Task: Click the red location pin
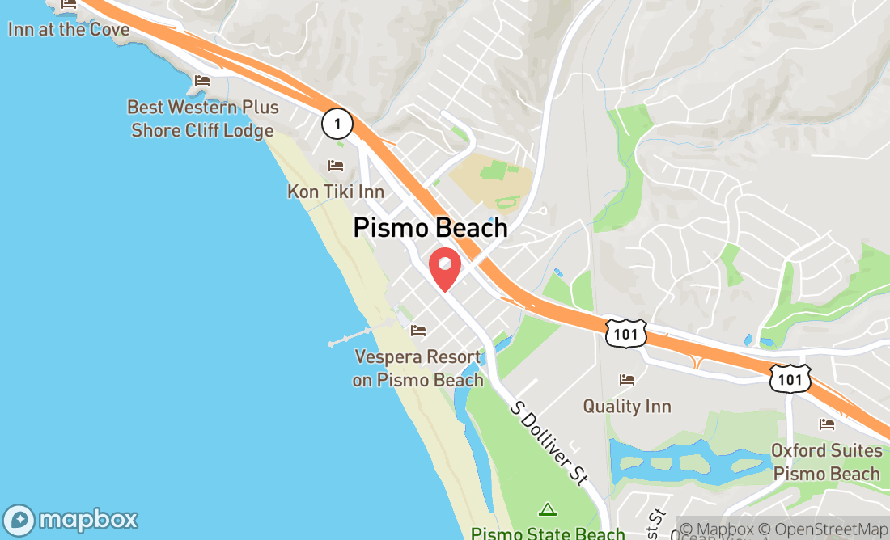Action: [444, 268]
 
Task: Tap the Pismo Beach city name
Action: [430, 228]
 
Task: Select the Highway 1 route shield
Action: [337, 124]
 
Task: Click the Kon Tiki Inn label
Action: [336, 192]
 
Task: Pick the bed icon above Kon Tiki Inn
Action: [336, 166]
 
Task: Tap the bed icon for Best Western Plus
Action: [202, 81]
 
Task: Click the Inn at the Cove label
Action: [69, 29]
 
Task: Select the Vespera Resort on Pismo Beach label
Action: [417, 369]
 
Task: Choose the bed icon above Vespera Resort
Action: [418, 331]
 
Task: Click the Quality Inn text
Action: [627, 406]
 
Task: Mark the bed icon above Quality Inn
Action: [627, 379]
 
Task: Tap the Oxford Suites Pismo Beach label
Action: [826, 462]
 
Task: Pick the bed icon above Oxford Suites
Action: [827, 424]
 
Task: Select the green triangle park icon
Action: [548, 509]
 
